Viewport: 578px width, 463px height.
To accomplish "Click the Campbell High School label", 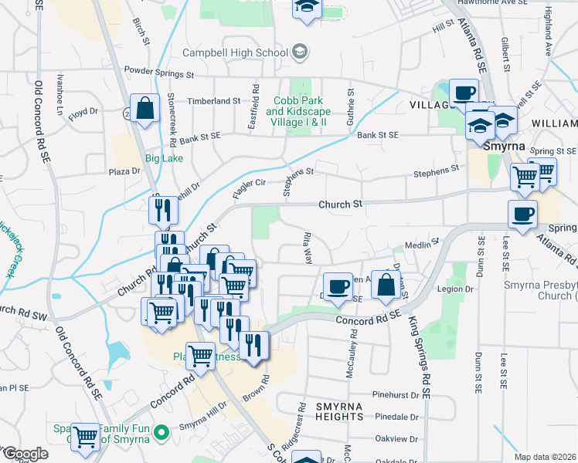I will [x=234, y=52].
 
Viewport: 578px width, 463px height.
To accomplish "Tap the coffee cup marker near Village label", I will [x=464, y=93].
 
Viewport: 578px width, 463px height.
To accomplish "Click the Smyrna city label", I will [x=504, y=147].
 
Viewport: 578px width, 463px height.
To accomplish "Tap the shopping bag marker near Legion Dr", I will [x=386, y=285].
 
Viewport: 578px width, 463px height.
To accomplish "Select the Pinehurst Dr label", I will [x=399, y=395].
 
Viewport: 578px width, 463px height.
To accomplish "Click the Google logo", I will [x=25, y=454].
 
